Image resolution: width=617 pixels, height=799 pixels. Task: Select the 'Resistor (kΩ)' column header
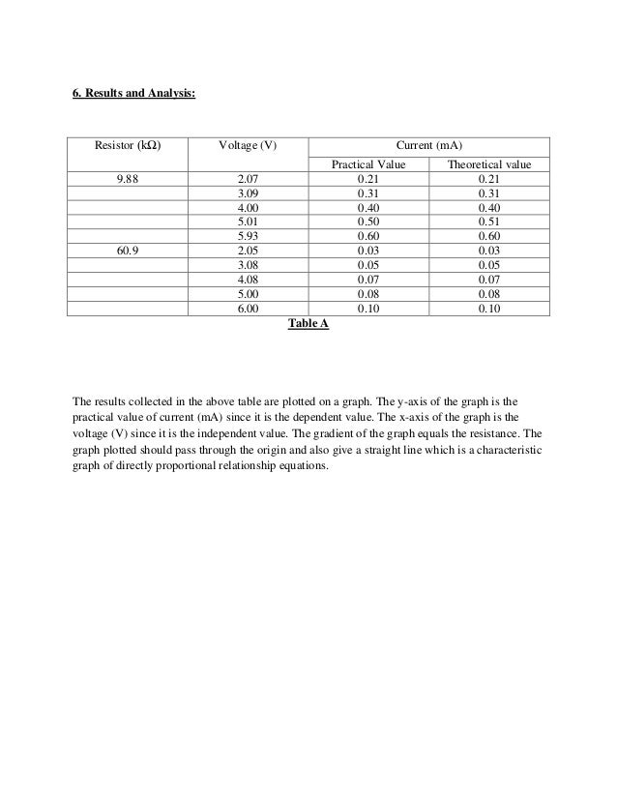coord(127,145)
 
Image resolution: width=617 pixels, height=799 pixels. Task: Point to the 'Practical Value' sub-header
coord(368,165)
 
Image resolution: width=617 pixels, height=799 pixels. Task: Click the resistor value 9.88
coord(127,179)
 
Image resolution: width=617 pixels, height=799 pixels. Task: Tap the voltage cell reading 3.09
coord(249,193)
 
